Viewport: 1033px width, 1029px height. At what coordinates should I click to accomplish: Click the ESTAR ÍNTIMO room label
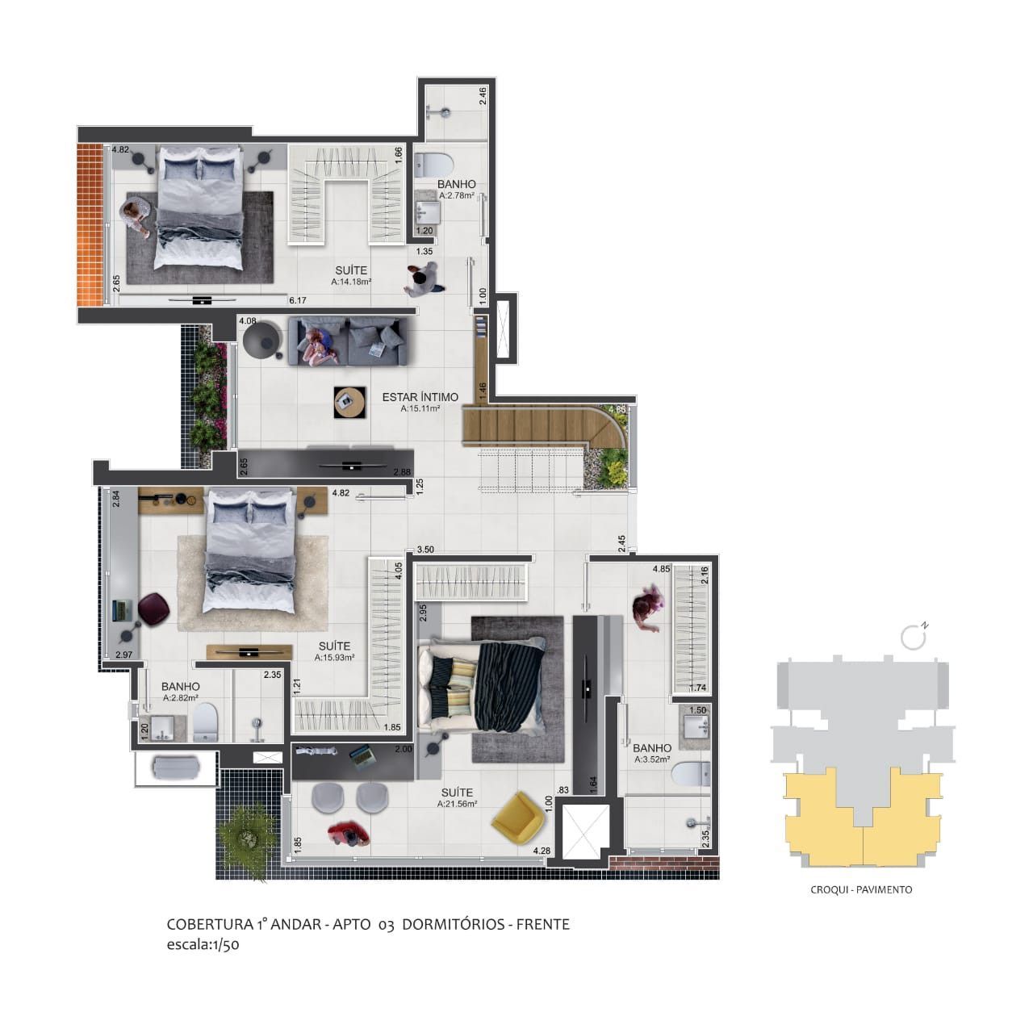tap(420, 397)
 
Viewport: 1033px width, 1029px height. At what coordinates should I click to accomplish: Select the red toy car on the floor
tap(348, 834)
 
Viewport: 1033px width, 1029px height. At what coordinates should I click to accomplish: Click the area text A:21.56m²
tap(457, 804)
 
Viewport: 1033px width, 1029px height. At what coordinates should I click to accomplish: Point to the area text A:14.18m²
tap(351, 282)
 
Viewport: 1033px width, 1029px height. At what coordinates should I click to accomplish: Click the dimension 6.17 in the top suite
tap(299, 300)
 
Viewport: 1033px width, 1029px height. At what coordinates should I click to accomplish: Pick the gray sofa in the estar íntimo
tap(350, 341)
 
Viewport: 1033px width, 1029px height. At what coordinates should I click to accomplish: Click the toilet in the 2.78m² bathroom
tap(434, 165)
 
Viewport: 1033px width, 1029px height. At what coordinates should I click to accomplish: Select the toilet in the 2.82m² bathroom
tap(205, 721)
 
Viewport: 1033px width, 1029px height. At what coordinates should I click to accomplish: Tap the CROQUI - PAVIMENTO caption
tap(861, 889)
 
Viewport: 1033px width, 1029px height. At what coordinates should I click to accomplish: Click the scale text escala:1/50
tap(203, 946)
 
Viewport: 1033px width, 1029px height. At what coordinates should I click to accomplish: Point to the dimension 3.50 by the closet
tap(425, 550)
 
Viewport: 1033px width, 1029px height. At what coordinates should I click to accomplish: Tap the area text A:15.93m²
tap(334, 658)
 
